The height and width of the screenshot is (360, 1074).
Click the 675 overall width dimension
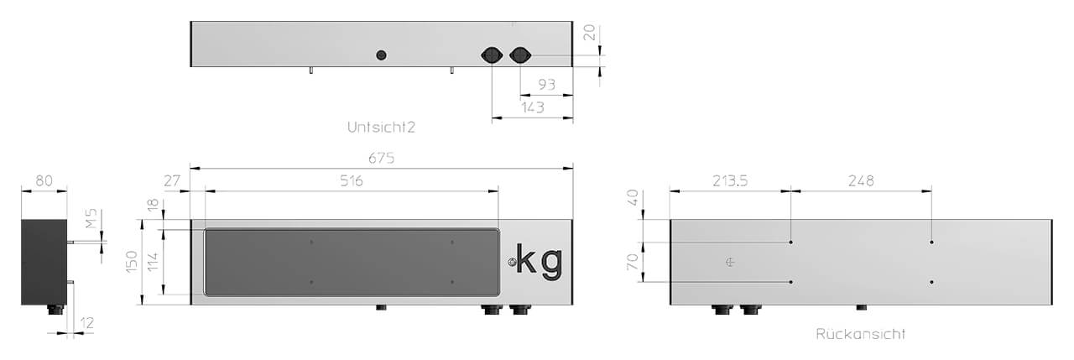[381, 158]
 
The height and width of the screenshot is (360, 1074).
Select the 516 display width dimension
[352, 180]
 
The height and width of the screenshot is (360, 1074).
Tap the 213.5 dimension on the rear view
[730, 180]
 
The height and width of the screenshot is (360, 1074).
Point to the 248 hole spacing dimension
[861, 180]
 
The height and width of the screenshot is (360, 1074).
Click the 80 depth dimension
[44, 180]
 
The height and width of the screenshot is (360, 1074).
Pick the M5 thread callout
[91, 218]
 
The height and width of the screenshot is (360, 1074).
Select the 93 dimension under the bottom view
[546, 85]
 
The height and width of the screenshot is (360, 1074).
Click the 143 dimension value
[533, 107]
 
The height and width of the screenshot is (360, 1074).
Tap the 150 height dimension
[132, 262]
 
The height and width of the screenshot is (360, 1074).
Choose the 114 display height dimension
[153, 262]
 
